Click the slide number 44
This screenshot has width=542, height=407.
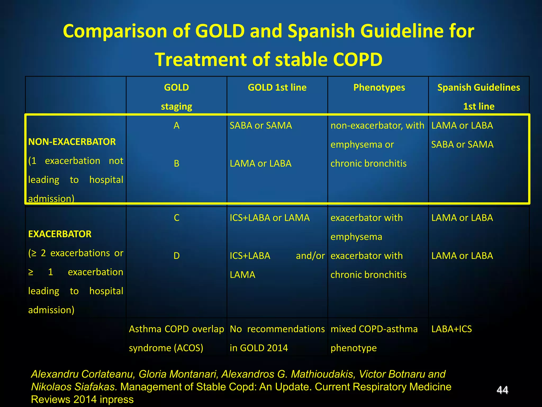502,390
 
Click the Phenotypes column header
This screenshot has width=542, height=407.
379,88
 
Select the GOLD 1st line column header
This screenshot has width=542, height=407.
277,88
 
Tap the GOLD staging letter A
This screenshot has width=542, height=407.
177,126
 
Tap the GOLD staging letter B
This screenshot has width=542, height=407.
177,163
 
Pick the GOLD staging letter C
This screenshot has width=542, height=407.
177,218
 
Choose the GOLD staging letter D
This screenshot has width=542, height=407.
177,256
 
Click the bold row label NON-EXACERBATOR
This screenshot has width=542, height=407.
72,142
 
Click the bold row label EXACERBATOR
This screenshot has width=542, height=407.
60,234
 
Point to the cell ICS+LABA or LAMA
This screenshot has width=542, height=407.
269,218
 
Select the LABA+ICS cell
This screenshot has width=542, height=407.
451,329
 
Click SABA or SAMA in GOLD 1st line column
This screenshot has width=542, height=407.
261,126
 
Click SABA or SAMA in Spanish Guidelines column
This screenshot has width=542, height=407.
462,145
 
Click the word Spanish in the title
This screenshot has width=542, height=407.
321,31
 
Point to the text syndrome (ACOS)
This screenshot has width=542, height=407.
166,348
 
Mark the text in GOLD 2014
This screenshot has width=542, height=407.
259,348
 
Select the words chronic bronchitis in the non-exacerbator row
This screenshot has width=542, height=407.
368,163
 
